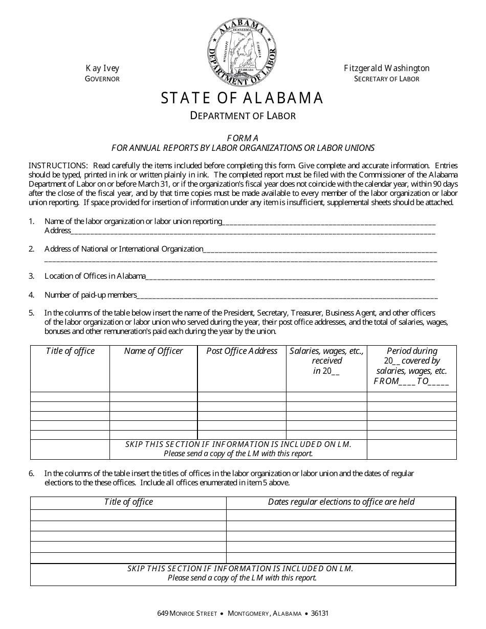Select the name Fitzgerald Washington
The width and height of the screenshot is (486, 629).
click(x=386, y=68)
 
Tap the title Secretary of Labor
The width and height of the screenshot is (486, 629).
click(x=386, y=79)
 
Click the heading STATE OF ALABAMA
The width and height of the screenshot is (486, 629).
click(x=242, y=98)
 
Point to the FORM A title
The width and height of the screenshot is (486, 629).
click(x=243, y=138)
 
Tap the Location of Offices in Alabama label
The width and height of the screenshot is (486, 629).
click(x=95, y=276)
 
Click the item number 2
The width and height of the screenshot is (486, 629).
click(x=32, y=249)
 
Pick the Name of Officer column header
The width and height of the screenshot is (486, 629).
click(x=153, y=351)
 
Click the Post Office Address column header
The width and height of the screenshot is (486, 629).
click(x=241, y=351)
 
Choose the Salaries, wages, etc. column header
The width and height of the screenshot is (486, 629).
click(x=326, y=351)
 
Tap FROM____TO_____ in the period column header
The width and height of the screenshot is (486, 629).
click(x=411, y=381)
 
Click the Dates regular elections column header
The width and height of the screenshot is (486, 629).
click(x=341, y=502)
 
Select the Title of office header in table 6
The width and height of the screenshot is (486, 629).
click(x=128, y=502)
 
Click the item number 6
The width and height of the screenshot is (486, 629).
click(x=32, y=474)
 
